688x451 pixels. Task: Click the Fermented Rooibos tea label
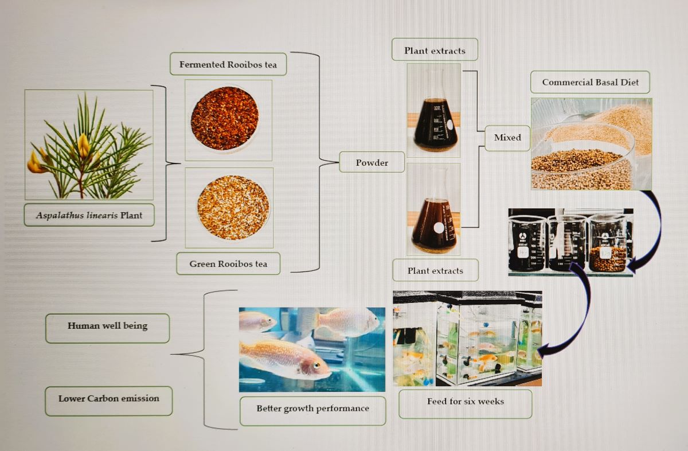point(228,64)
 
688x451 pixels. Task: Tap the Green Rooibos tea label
point(228,264)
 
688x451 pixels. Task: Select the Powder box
point(372,162)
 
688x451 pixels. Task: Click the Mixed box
point(507,138)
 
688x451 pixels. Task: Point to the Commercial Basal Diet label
point(590,82)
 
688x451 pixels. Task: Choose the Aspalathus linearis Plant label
point(89,215)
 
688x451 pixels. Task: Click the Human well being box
point(107,326)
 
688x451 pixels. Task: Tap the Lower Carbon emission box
point(108,398)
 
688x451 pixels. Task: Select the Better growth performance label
point(312,409)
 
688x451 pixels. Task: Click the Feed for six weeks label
point(465,401)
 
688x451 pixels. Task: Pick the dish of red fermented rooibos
point(225,118)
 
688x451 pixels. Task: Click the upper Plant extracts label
point(434,50)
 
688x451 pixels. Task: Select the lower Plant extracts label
point(434,270)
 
